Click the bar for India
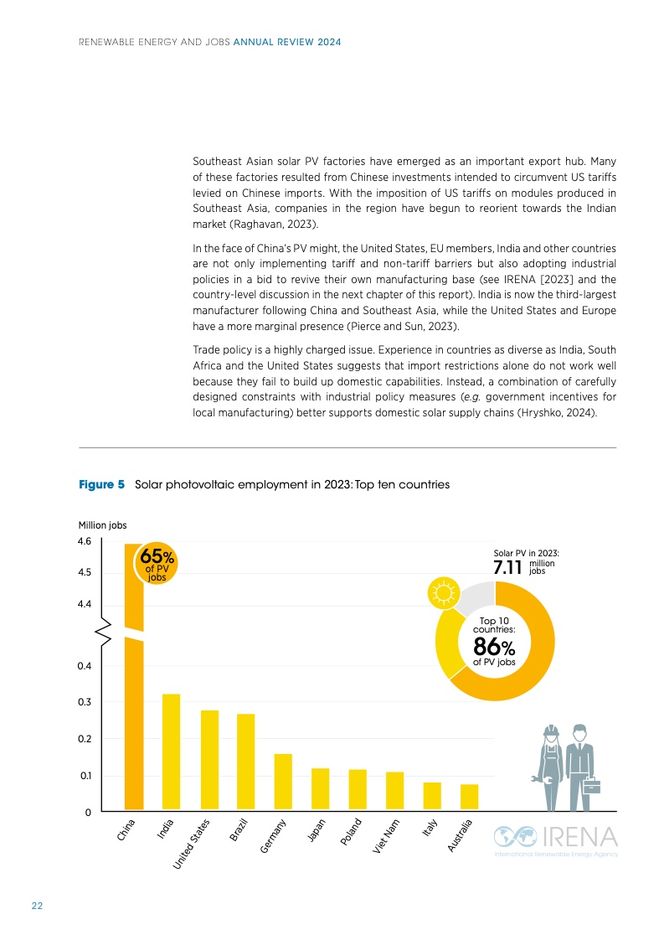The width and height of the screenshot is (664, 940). pyautogui.click(x=170, y=752)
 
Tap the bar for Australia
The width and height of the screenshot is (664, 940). pyautogui.click(x=469, y=798)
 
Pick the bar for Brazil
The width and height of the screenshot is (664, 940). pyautogui.click(x=245, y=762)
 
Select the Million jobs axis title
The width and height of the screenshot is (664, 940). pyautogui.click(x=102, y=525)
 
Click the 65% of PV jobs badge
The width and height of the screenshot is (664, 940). pyautogui.click(x=157, y=563)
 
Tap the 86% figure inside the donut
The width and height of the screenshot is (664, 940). pyautogui.click(x=494, y=648)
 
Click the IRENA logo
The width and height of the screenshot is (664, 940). pyautogui.click(x=555, y=839)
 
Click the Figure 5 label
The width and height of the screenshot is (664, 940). pyautogui.click(x=101, y=484)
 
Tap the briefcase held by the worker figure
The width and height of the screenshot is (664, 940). pyautogui.click(x=592, y=785)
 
